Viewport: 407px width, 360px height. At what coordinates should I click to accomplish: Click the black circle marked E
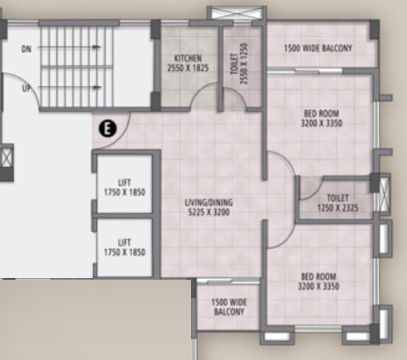tap(106, 127)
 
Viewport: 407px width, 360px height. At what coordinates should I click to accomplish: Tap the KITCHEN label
tap(188, 58)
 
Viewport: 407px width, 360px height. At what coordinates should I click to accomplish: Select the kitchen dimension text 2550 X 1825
tap(188, 68)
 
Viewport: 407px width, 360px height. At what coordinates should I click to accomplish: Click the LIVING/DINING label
tap(208, 201)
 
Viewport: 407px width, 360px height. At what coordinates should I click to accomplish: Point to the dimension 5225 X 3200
tap(208, 212)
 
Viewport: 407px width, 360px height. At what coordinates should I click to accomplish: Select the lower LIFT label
tap(125, 242)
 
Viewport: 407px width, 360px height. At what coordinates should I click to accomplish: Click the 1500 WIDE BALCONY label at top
tap(318, 49)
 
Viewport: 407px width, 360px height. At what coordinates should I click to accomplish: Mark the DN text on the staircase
tap(26, 50)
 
